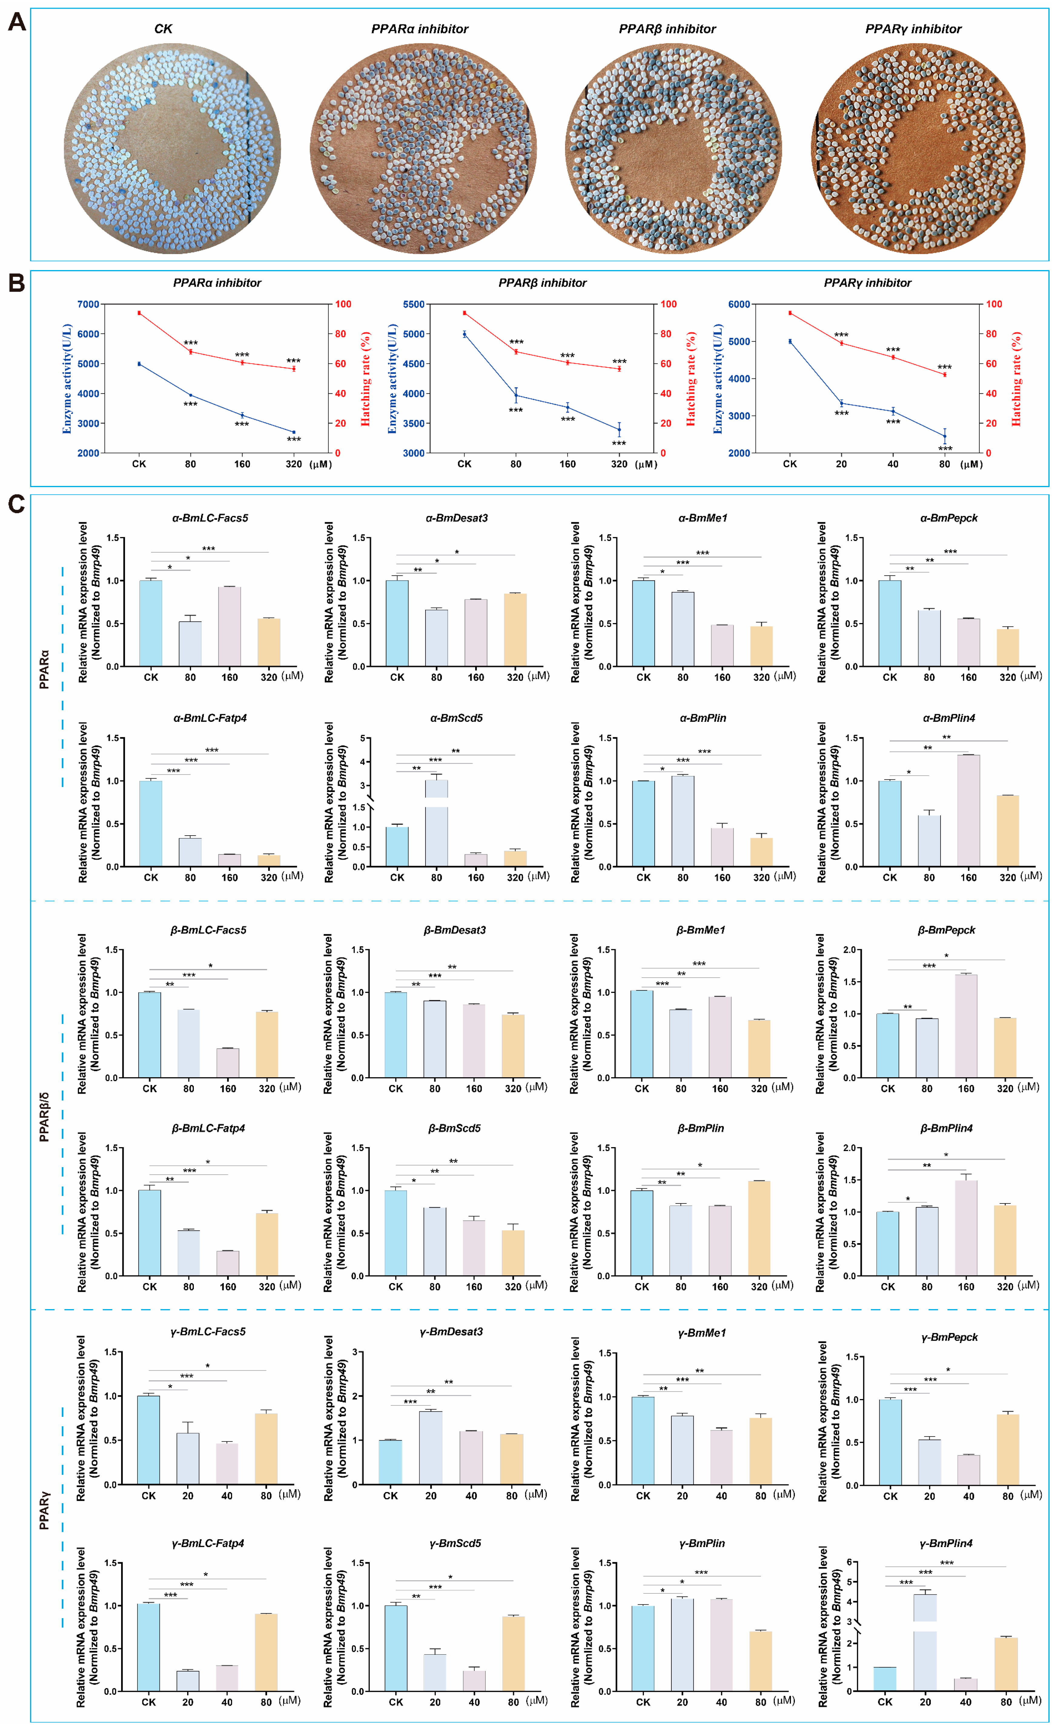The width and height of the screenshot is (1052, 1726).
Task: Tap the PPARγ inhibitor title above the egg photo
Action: (912, 29)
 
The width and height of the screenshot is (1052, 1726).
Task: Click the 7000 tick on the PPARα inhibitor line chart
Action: (88, 304)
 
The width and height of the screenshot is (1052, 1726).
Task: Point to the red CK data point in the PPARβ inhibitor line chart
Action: (464, 313)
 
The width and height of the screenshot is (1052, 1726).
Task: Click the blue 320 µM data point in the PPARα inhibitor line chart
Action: (294, 432)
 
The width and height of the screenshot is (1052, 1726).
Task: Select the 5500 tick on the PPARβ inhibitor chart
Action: (414, 304)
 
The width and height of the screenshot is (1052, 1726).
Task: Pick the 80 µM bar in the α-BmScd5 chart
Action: (436, 827)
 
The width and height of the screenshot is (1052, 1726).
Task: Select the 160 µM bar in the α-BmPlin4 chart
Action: (968, 810)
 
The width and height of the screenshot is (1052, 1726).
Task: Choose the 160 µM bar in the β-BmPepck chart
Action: (966, 1026)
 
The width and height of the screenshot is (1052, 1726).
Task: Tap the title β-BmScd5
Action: (454, 1128)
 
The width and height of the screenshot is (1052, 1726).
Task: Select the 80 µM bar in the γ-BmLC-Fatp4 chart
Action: (266, 1652)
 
